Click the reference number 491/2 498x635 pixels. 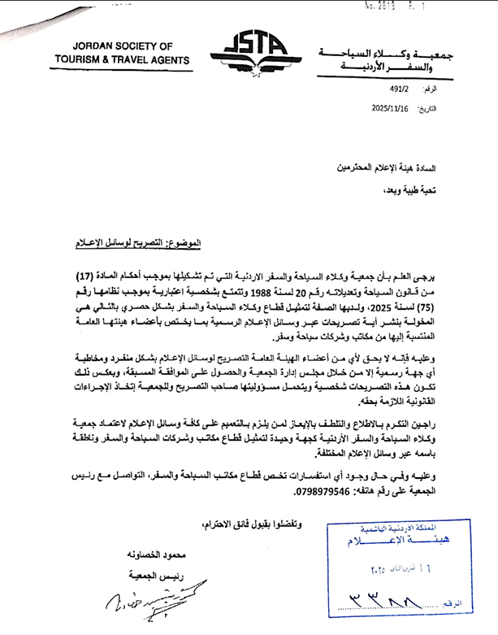pos(401,92)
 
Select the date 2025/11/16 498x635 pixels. pos(392,107)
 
